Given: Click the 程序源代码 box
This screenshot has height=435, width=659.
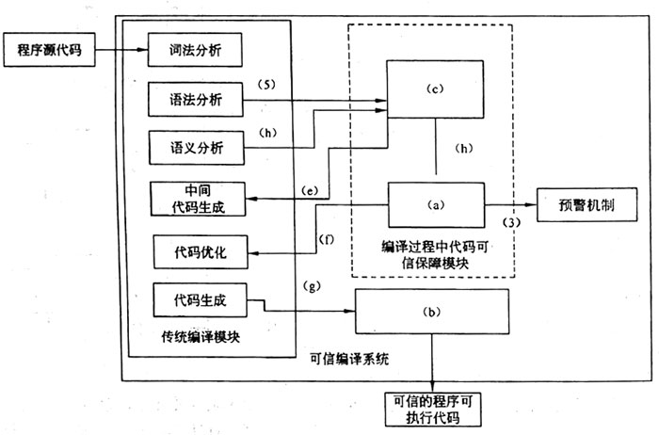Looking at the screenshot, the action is (x=50, y=50).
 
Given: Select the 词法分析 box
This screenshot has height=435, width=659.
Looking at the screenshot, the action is (x=195, y=50).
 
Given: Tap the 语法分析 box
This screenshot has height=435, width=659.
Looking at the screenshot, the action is (x=196, y=100).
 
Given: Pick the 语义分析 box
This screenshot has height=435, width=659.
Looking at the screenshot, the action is (x=197, y=148).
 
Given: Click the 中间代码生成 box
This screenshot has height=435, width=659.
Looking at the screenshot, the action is (x=198, y=199).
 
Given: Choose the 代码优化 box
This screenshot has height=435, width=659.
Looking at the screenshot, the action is (x=201, y=252).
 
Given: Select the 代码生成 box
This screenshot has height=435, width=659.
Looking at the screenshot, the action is (x=200, y=300).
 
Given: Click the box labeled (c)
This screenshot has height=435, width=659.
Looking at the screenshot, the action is (x=435, y=89).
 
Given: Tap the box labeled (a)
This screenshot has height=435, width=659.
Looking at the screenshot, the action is (x=436, y=205).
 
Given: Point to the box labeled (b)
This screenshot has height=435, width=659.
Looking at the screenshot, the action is (x=432, y=312).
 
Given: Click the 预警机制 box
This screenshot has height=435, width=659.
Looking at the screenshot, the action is (x=587, y=204).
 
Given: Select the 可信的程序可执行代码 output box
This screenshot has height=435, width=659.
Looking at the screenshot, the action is (x=433, y=410).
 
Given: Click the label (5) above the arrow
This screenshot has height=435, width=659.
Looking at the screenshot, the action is (x=266, y=85).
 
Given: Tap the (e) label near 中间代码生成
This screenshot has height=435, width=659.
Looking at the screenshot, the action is (x=310, y=191).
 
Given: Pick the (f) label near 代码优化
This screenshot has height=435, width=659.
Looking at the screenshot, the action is (x=327, y=239).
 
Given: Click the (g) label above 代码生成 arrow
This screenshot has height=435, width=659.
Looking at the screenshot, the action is (x=312, y=286).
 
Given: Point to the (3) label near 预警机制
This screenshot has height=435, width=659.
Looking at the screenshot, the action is (x=511, y=222).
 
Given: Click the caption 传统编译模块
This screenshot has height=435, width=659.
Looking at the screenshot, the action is (x=201, y=337).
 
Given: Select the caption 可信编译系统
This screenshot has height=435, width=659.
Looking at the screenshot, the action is (x=349, y=359).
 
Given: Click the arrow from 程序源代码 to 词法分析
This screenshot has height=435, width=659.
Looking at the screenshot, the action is (x=121, y=50).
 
